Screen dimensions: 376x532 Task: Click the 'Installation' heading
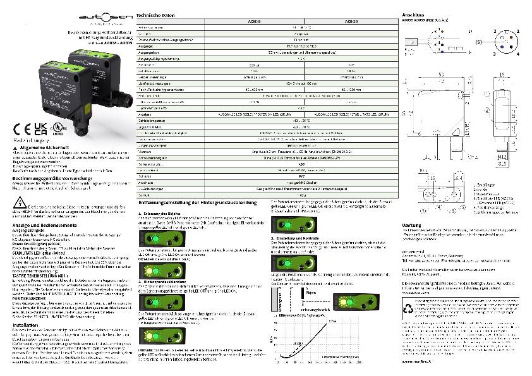click(27, 325)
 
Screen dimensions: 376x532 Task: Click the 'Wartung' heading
click(413, 224)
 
